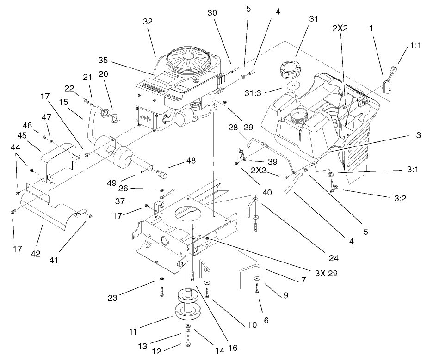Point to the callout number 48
(191, 161)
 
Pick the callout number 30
(212, 14)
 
